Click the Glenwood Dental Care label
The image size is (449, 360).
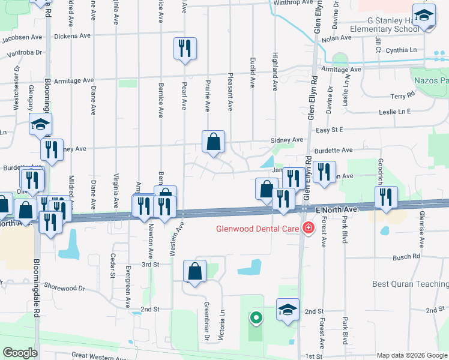(x=259, y=228)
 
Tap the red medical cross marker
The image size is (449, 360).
(x=308, y=228)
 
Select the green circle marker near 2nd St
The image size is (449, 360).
(x=256, y=318)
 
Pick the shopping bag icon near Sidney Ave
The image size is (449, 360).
(x=213, y=142)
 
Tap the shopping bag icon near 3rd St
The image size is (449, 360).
(x=194, y=272)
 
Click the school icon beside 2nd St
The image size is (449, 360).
(x=288, y=310)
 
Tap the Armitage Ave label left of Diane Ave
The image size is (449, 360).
(x=74, y=80)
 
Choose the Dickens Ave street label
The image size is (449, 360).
(x=72, y=36)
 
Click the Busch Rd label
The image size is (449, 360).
(x=406, y=257)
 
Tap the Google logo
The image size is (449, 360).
(x=20, y=353)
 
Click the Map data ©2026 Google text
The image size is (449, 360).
(x=411, y=355)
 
